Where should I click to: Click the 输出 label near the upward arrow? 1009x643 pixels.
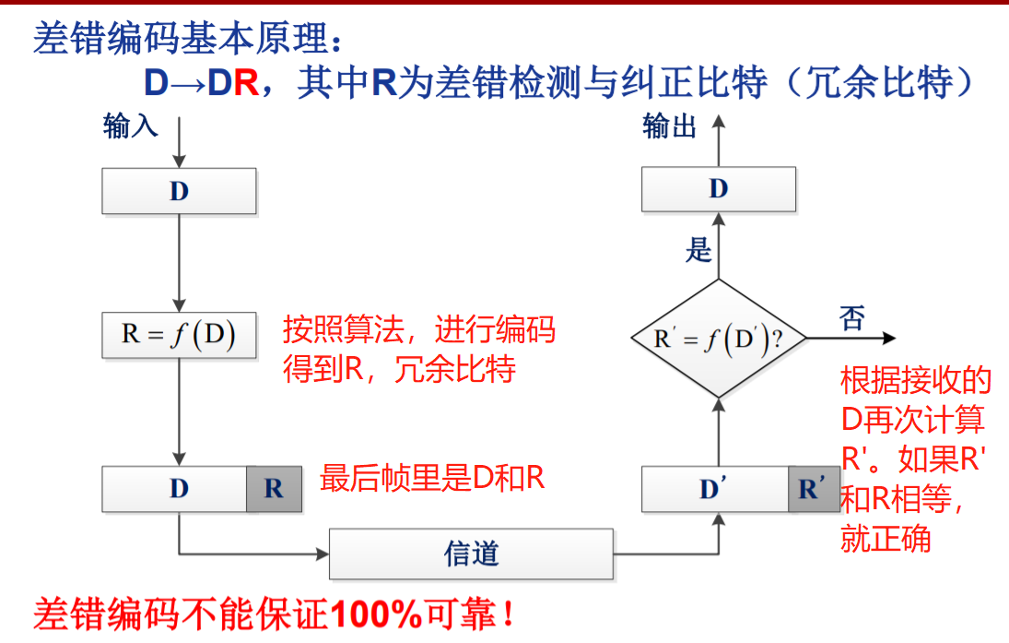(670, 125)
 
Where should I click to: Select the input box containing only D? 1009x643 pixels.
(179, 192)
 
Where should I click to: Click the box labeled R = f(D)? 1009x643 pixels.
(179, 334)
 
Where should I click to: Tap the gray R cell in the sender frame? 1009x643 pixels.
(274, 489)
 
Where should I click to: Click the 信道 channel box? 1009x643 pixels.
(471, 554)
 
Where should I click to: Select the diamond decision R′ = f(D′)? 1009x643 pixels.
(719, 339)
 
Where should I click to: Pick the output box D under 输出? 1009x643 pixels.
(719, 189)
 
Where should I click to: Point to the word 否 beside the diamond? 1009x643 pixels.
(852, 318)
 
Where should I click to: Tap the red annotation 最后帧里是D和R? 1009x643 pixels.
(432, 478)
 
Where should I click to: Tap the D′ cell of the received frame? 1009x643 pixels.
(710, 489)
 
